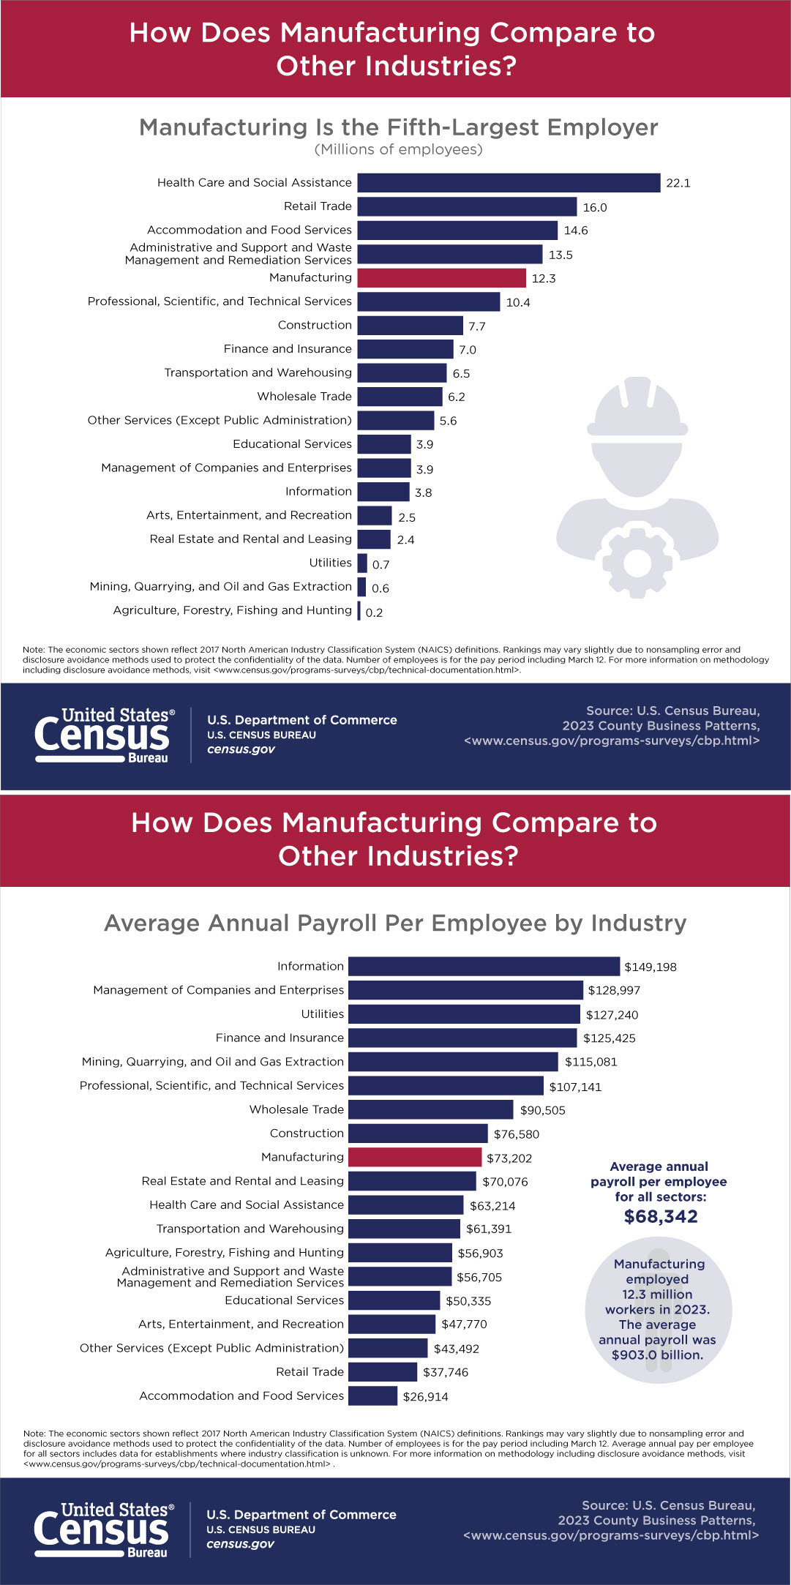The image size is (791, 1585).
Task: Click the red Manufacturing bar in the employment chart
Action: coord(441,278)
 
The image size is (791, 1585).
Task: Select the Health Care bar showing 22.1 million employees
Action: coord(509,183)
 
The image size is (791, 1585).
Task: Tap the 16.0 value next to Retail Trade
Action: coord(595,207)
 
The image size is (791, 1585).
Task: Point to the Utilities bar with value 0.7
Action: coord(362,563)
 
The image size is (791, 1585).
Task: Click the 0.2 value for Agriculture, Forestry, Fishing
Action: coord(374,612)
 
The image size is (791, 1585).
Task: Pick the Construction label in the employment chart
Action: coord(315,325)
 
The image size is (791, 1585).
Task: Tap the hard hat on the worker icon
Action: coord(637,410)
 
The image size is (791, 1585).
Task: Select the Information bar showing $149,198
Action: coord(484,967)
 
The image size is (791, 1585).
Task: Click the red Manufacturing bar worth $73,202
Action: coord(415,1157)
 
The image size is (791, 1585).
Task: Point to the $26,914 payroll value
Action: coord(425,1396)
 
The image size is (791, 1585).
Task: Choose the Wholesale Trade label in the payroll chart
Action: coord(296,1109)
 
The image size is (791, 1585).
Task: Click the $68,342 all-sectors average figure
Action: coord(661,1216)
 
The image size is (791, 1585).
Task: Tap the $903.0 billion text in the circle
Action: coord(657,1354)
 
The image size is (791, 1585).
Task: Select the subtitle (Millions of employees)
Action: coord(398,149)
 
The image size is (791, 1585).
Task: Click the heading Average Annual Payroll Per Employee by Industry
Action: coord(395,923)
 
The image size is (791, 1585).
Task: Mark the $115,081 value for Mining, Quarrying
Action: coord(591,1062)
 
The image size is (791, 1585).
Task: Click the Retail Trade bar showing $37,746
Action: coord(383,1371)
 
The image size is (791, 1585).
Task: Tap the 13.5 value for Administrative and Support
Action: coord(561,255)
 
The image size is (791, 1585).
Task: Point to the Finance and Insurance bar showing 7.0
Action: coord(405,349)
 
